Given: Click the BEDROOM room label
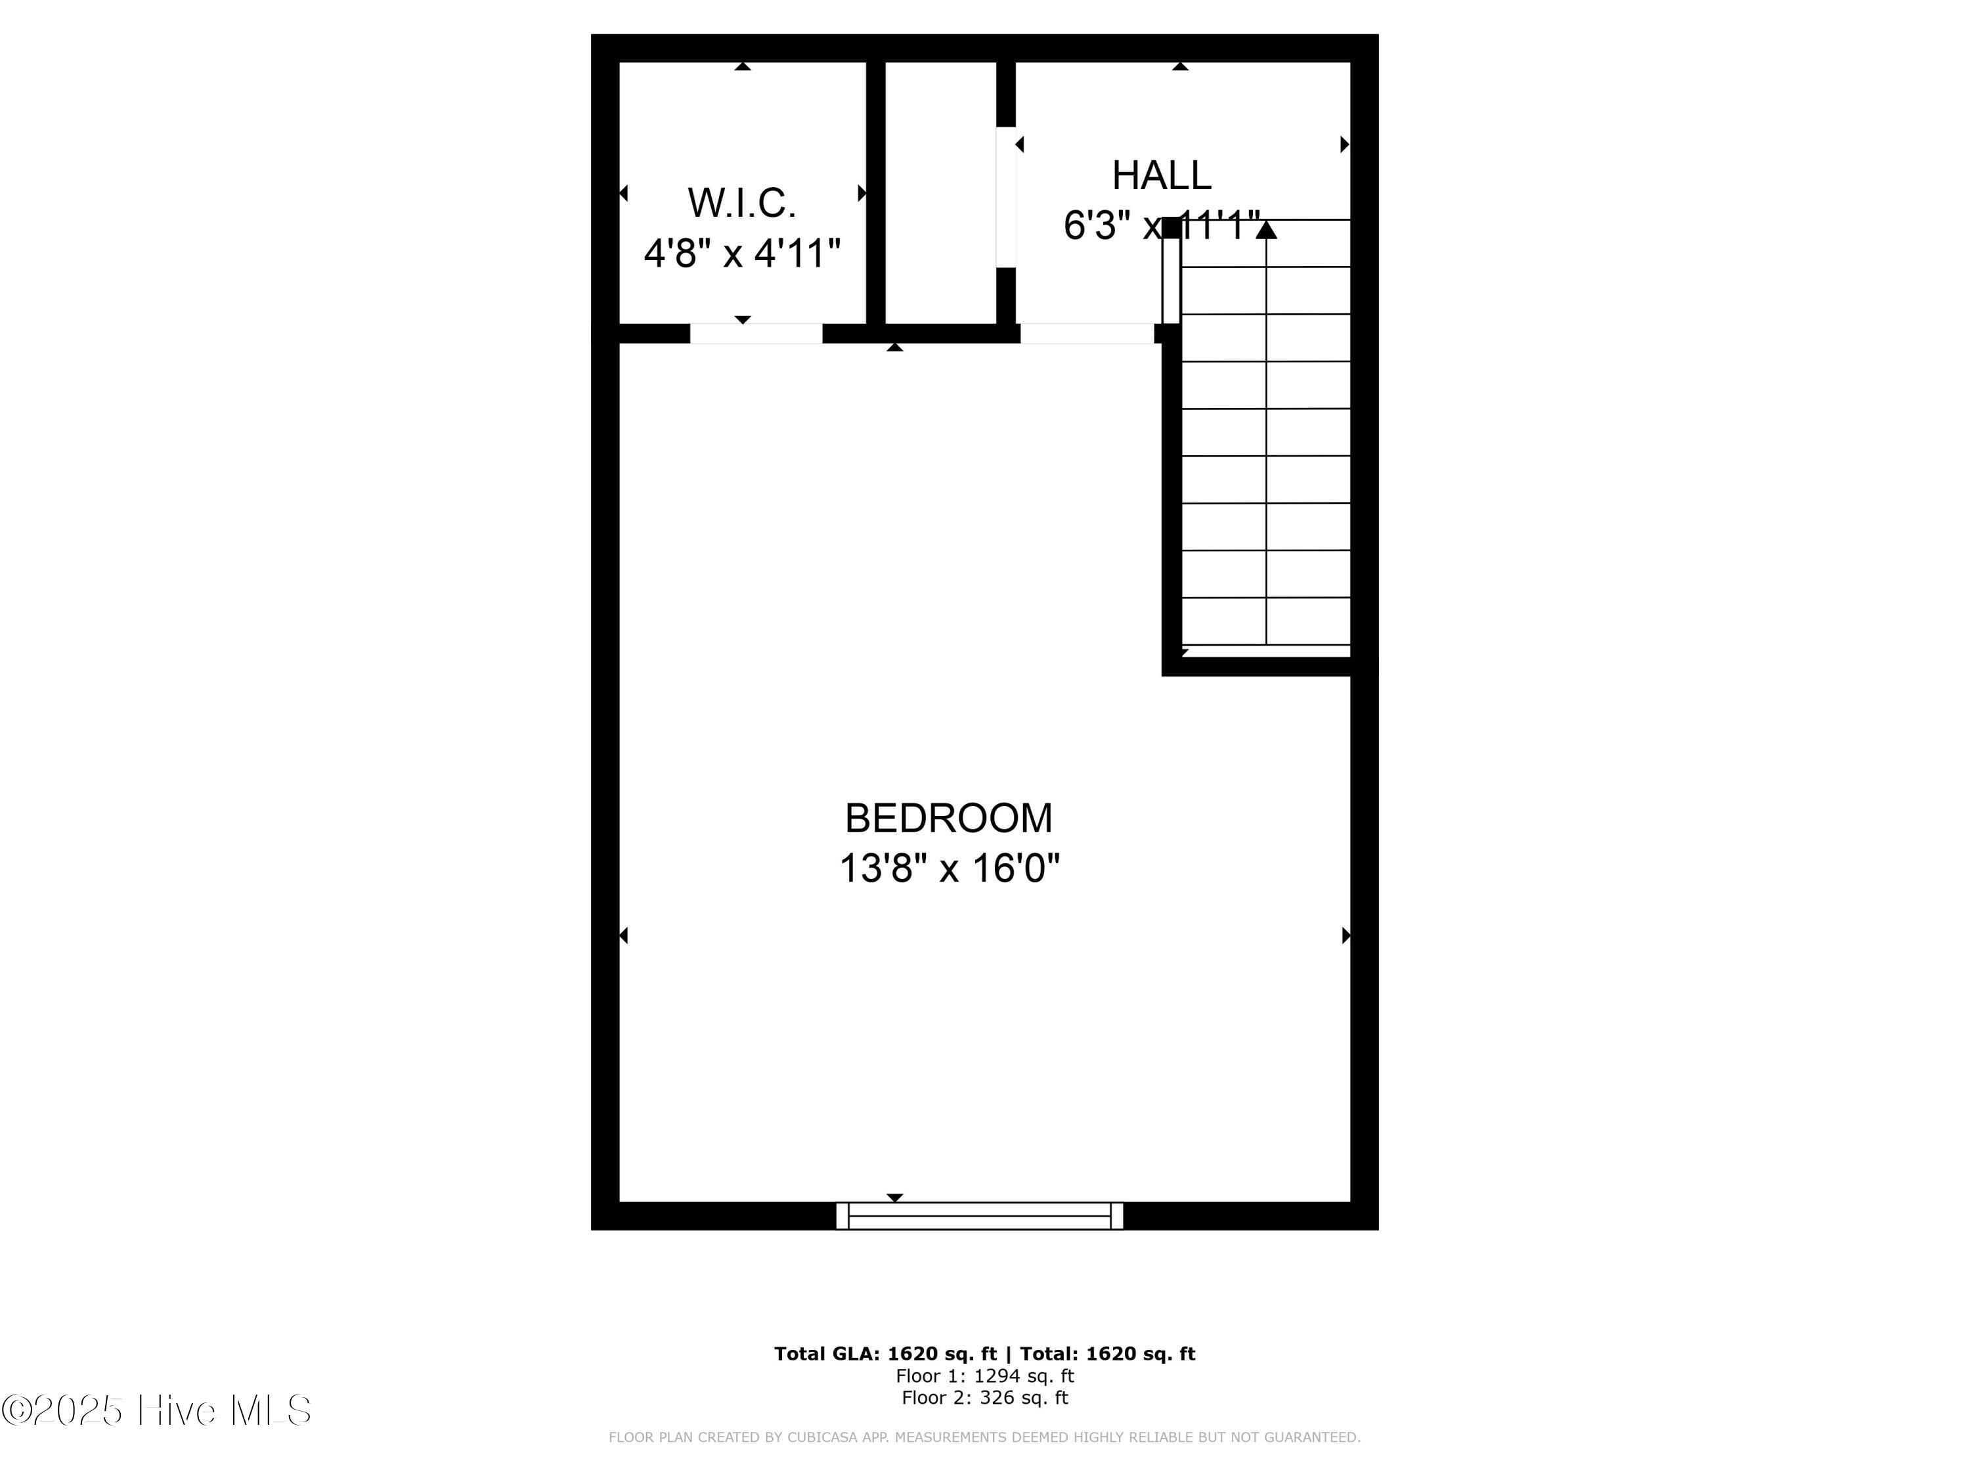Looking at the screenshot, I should click(x=948, y=818).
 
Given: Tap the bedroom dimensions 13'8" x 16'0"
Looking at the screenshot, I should click(x=950, y=868).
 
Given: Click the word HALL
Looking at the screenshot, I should click(x=1162, y=175).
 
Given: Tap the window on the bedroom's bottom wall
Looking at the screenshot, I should click(x=980, y=1215).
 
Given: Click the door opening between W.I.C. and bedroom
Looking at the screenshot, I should click(x=756, y=333).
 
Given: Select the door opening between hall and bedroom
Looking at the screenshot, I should click(x=1087, y=333).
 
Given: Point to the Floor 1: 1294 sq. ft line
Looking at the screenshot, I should click(x=985, y=1376).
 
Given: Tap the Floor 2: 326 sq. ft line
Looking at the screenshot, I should click(x=985, y=1397).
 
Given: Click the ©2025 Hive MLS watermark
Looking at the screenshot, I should click(x=157, y=1410).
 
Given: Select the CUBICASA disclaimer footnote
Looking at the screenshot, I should click(x=984, y=1437).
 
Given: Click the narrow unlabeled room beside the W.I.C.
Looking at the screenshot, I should click(x=940, y=192).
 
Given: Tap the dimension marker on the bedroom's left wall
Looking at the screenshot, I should click(x=623, y=935).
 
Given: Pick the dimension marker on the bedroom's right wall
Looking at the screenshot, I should click(x=1346, y=935).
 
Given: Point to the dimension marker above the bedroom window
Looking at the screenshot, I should click(x=895, y=1198).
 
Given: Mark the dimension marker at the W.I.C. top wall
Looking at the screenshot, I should click(x=743, y=66).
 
